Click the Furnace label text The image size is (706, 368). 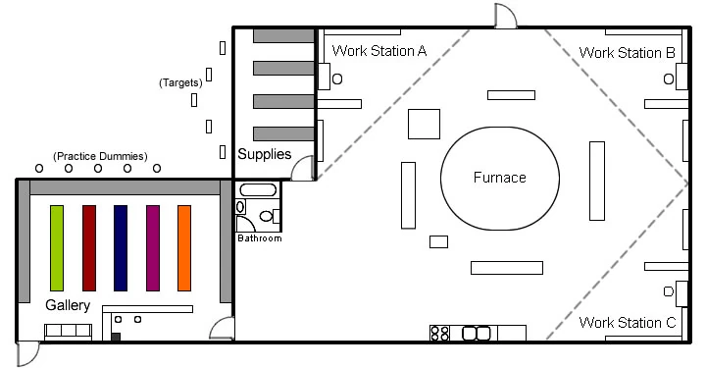tap(499, 178)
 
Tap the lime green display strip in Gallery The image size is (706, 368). tap(57, 247)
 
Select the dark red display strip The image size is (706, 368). tap(89, 247)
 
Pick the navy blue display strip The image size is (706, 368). tap(121, 247)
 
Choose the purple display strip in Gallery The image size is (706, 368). tap(153, 247)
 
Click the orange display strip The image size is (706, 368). tap(184, 247)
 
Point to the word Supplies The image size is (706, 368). tap(265, 154)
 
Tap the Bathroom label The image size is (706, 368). tap(260, 238)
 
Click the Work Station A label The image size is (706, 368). tap(379, 50)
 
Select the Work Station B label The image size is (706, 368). tap(628, 53)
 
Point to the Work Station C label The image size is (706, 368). tap(628, 323)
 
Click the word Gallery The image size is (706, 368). tap(68, 305)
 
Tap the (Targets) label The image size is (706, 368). tap(180, 82)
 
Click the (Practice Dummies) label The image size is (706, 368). tap(100, 156)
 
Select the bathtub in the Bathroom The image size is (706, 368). tap(258, 189)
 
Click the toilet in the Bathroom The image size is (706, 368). tap(270, 216)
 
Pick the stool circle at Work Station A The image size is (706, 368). tap(337, 79)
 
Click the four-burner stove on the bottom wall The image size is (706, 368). tap(440, 334)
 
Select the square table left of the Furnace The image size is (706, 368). tap(425, 124)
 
